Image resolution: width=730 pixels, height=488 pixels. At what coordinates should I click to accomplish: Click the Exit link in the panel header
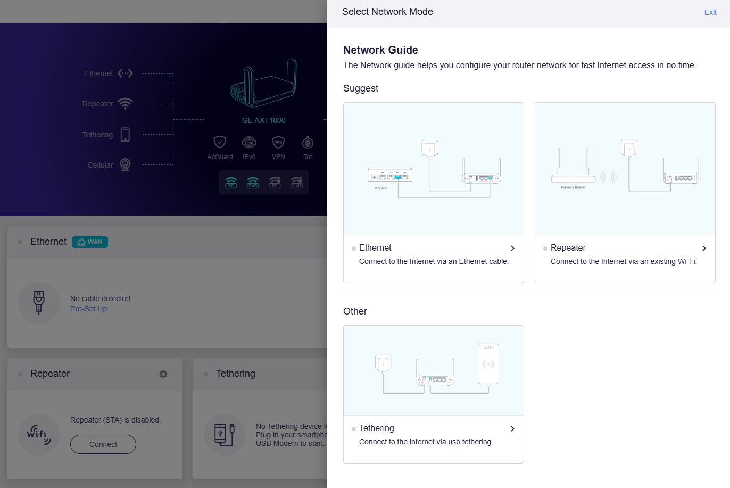(x=710, y=12)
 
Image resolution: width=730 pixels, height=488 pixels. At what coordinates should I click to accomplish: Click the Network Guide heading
(x=380, y=50)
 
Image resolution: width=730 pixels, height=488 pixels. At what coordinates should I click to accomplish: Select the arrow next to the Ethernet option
(x=512, y=249)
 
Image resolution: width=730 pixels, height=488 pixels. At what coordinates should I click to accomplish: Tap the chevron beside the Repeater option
(x=704, y=249)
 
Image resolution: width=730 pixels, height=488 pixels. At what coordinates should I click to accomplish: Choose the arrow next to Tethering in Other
(x=512, y=429)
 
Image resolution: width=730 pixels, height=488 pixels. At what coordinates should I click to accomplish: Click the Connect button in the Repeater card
(x=103, y=444)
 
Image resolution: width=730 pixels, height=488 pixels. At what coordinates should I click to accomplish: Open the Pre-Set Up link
(x=88, y=309)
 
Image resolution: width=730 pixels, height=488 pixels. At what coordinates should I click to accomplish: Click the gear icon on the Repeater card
(x=163, y=374)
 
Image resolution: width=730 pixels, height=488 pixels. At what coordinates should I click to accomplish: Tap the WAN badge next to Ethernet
(x=90, y=242)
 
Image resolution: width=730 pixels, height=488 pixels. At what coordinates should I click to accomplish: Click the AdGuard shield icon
(x=220, y=143)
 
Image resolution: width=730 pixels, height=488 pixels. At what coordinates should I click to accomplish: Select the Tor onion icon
(x=308, y=143)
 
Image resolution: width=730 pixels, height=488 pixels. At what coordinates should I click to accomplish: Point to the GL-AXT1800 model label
(x=264, y=120)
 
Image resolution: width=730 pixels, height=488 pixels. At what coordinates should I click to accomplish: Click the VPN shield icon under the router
(x=278, y=143)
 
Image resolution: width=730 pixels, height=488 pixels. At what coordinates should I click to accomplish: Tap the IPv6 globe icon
(x=249, y=143)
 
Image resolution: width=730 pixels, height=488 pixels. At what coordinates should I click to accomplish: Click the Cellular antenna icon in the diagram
(x=125, y=165)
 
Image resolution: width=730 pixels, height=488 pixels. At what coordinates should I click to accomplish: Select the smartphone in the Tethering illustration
(x=488, y=364)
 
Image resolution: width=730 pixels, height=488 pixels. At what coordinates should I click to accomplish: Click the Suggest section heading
(x=361, y=88)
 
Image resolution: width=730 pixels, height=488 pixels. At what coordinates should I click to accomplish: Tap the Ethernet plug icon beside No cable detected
(x=39, y=303)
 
